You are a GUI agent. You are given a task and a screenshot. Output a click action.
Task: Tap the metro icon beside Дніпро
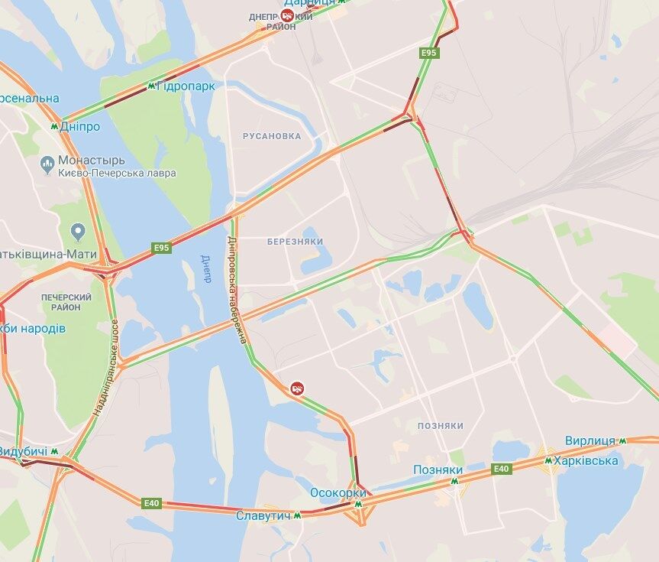pyautogui.click(x=54, y=126)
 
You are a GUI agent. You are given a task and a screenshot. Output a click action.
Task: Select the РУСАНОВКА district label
pyautogui.click(x=272, y=136)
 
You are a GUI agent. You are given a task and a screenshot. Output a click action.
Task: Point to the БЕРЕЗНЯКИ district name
pyautogui.click(x=296, y=242)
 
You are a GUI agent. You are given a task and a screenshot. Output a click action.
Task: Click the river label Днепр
pyautogui.click(x=205, y=268)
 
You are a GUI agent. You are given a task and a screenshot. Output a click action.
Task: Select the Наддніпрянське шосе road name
pyautogui.click(x=106, y=367)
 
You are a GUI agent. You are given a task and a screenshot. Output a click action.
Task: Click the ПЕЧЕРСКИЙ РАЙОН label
pyautogui.click(x=66, y=301)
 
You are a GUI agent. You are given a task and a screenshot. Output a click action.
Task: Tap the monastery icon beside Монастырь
pyautogui.click(x=47, y=162)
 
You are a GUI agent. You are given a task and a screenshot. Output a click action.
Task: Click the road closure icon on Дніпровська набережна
pyautogui.click(x=298, y=389)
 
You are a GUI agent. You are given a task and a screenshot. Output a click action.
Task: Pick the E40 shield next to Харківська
pyautogui.click(x=501, y=469)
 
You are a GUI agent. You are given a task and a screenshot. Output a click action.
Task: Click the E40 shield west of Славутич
pyautogui.click(x=152, y=502)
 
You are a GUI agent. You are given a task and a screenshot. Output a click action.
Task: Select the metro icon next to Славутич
pyautogui.click(x=297, y=515)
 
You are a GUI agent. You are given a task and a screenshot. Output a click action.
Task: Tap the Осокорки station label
pyautogui.click(x=338, y=492)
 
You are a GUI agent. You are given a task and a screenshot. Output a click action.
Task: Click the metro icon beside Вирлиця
pyautogui.click(x=623, y=440)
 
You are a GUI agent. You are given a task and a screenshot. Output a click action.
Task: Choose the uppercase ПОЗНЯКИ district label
pyautogui.click(x=441, y=425)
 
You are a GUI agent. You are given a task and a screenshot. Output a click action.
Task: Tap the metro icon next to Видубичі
pyautogui.click(x=55, y=450)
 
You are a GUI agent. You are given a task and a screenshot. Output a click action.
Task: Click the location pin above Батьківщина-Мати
pyautogui.click(x=77, y=230)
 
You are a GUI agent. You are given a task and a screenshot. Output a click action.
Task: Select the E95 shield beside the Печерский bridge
pyautogui.click(x=161, y=248)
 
